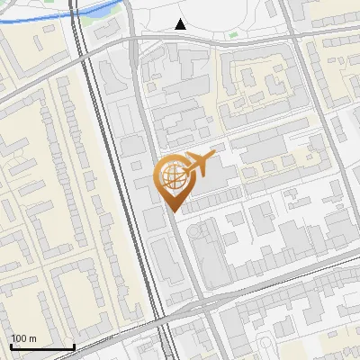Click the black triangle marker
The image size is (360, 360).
point(181,24)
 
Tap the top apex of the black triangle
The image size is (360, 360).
point(181,19)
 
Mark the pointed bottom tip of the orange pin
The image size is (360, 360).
point(171,211)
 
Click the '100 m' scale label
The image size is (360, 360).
point(23,338)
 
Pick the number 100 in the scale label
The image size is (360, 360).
point(19,338)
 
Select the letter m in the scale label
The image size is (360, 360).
point(32,338)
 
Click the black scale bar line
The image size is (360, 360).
point(42,347)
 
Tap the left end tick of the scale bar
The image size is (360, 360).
point(11,346)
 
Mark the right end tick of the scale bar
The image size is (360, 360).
point(74,346)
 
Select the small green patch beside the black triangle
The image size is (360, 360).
point(233,35)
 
